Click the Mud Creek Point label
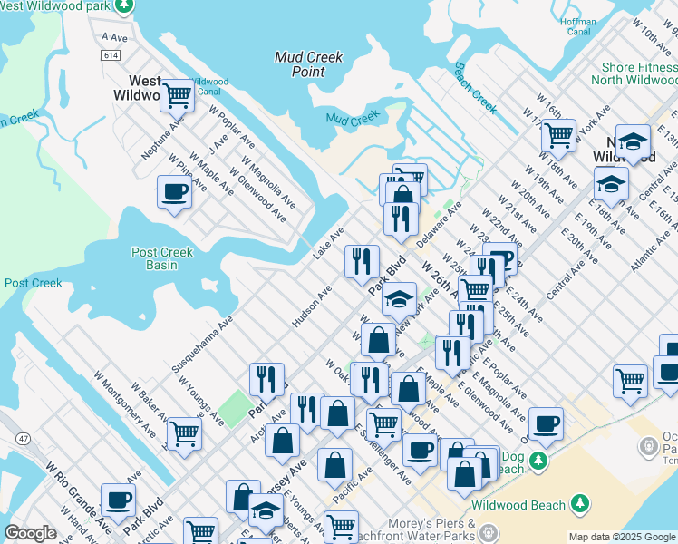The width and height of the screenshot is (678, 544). coord(308,63)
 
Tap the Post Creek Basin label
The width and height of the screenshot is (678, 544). coord(162,258)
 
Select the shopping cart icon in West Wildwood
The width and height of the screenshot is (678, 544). coord(178,93)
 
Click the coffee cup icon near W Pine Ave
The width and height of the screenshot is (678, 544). coord(174,191)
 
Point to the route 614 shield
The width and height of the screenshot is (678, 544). coord(111,56)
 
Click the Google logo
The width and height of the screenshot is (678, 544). coord(30,533)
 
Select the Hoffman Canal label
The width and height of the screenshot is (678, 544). coord(578,26)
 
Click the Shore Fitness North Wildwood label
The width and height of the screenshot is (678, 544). coord(640,73)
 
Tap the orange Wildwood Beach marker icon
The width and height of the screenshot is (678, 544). coord(579,504)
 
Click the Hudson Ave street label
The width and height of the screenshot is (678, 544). coord(311,306)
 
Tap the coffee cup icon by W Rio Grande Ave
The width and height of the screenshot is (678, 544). coord(118,499)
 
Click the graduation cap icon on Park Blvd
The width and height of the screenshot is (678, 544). coord(399,298)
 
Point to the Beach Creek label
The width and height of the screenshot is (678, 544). coord(475,88)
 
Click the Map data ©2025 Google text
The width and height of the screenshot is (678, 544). coord(622,537)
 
